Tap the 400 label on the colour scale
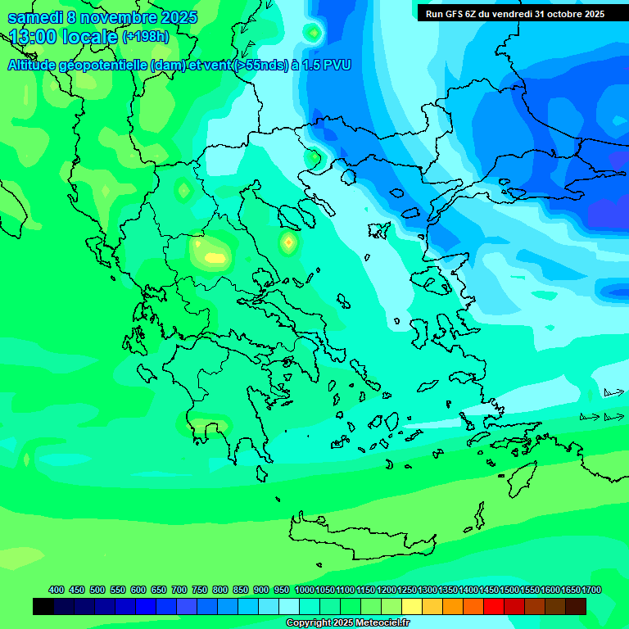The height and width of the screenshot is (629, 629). click(x=57, y=590)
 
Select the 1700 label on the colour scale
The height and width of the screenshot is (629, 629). click(x=592, y=590)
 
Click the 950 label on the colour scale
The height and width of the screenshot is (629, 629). click(x=282, y=590)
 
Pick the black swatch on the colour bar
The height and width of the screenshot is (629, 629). click(x=43, y=606)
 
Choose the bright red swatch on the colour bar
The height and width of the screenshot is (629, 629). click(x=494, y=606)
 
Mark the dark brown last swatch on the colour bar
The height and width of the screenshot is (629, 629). click(x=576, y=606)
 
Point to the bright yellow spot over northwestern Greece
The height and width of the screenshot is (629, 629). click(x=215, y=257)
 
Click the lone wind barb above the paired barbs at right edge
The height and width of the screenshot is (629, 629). click(x=613, y=393)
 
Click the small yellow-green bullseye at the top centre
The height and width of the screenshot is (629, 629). click(x=312, y=33)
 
